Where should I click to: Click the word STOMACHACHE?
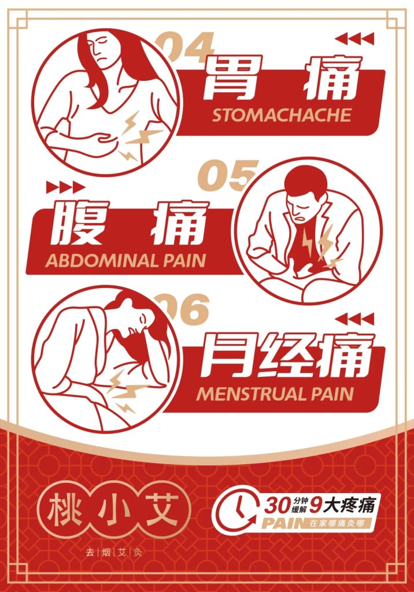tap(281, 115)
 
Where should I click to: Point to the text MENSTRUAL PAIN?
tap(275, 394)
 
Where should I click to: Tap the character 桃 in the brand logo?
tap(64, 509)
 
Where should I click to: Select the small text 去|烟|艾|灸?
tap(113, 552)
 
